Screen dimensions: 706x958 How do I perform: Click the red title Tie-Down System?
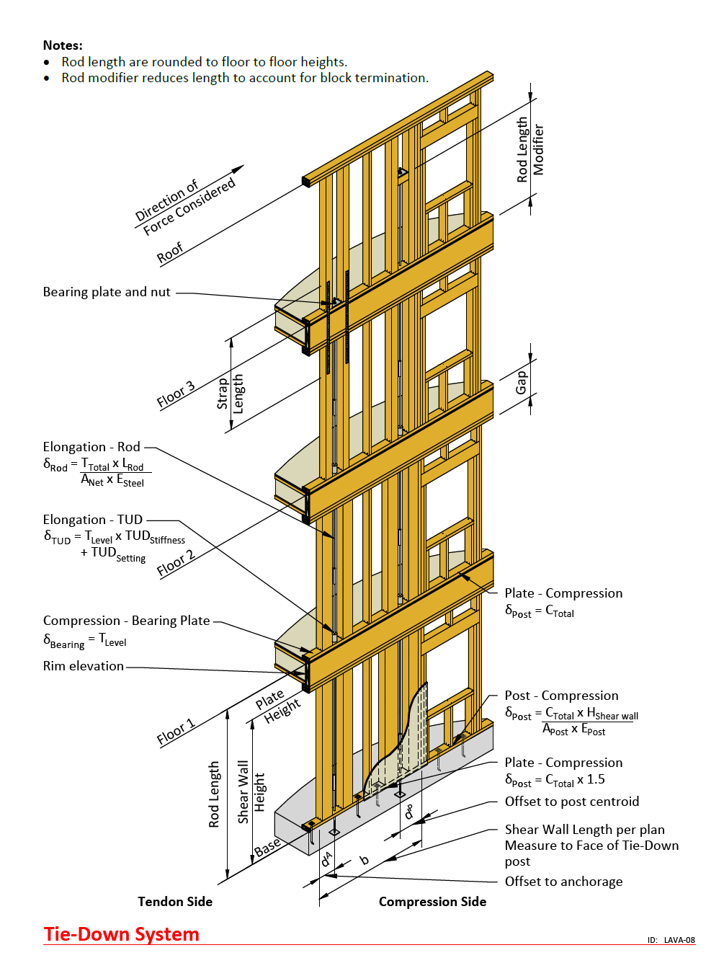[x=121, y=934]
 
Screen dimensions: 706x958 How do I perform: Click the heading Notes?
[x=63, y=45]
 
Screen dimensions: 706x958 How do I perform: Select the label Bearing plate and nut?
[x=107, y=292]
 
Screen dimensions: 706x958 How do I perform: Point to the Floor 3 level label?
[x=176, y=394]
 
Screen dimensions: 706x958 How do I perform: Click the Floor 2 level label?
[x=176, y=563]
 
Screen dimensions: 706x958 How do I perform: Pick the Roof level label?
[x=170, y=253]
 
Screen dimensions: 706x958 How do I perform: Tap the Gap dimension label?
[x=521, y=382]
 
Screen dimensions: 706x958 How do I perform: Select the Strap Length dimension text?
[x=230, y=394]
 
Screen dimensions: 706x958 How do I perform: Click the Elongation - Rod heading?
[x=91, y=447]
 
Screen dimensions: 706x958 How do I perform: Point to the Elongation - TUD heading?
[x=93, y=520]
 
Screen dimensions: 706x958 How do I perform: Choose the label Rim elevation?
[x=84, y=666]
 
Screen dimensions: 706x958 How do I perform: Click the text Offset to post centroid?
[x=572, y=801]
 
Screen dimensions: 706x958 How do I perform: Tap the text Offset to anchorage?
[x=563, y=882]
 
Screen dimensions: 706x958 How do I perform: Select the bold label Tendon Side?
[x=175, y=902]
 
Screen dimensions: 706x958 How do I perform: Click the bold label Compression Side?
[x=432, y=902]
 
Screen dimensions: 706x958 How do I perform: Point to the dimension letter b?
[x=364, y=860]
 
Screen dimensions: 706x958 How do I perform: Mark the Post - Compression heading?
[x=561, y=696]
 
